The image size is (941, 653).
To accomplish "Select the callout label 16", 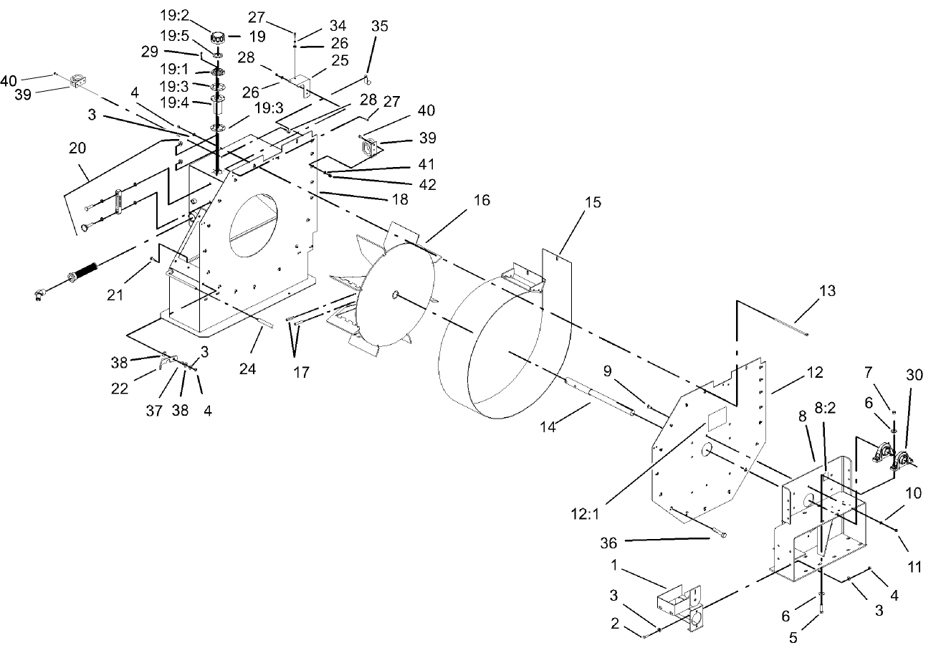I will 482,201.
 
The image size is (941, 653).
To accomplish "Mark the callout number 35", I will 380,27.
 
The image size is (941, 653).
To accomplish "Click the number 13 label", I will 827,291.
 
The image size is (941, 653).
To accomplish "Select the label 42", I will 426,183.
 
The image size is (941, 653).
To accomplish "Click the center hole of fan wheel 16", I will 396,294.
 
